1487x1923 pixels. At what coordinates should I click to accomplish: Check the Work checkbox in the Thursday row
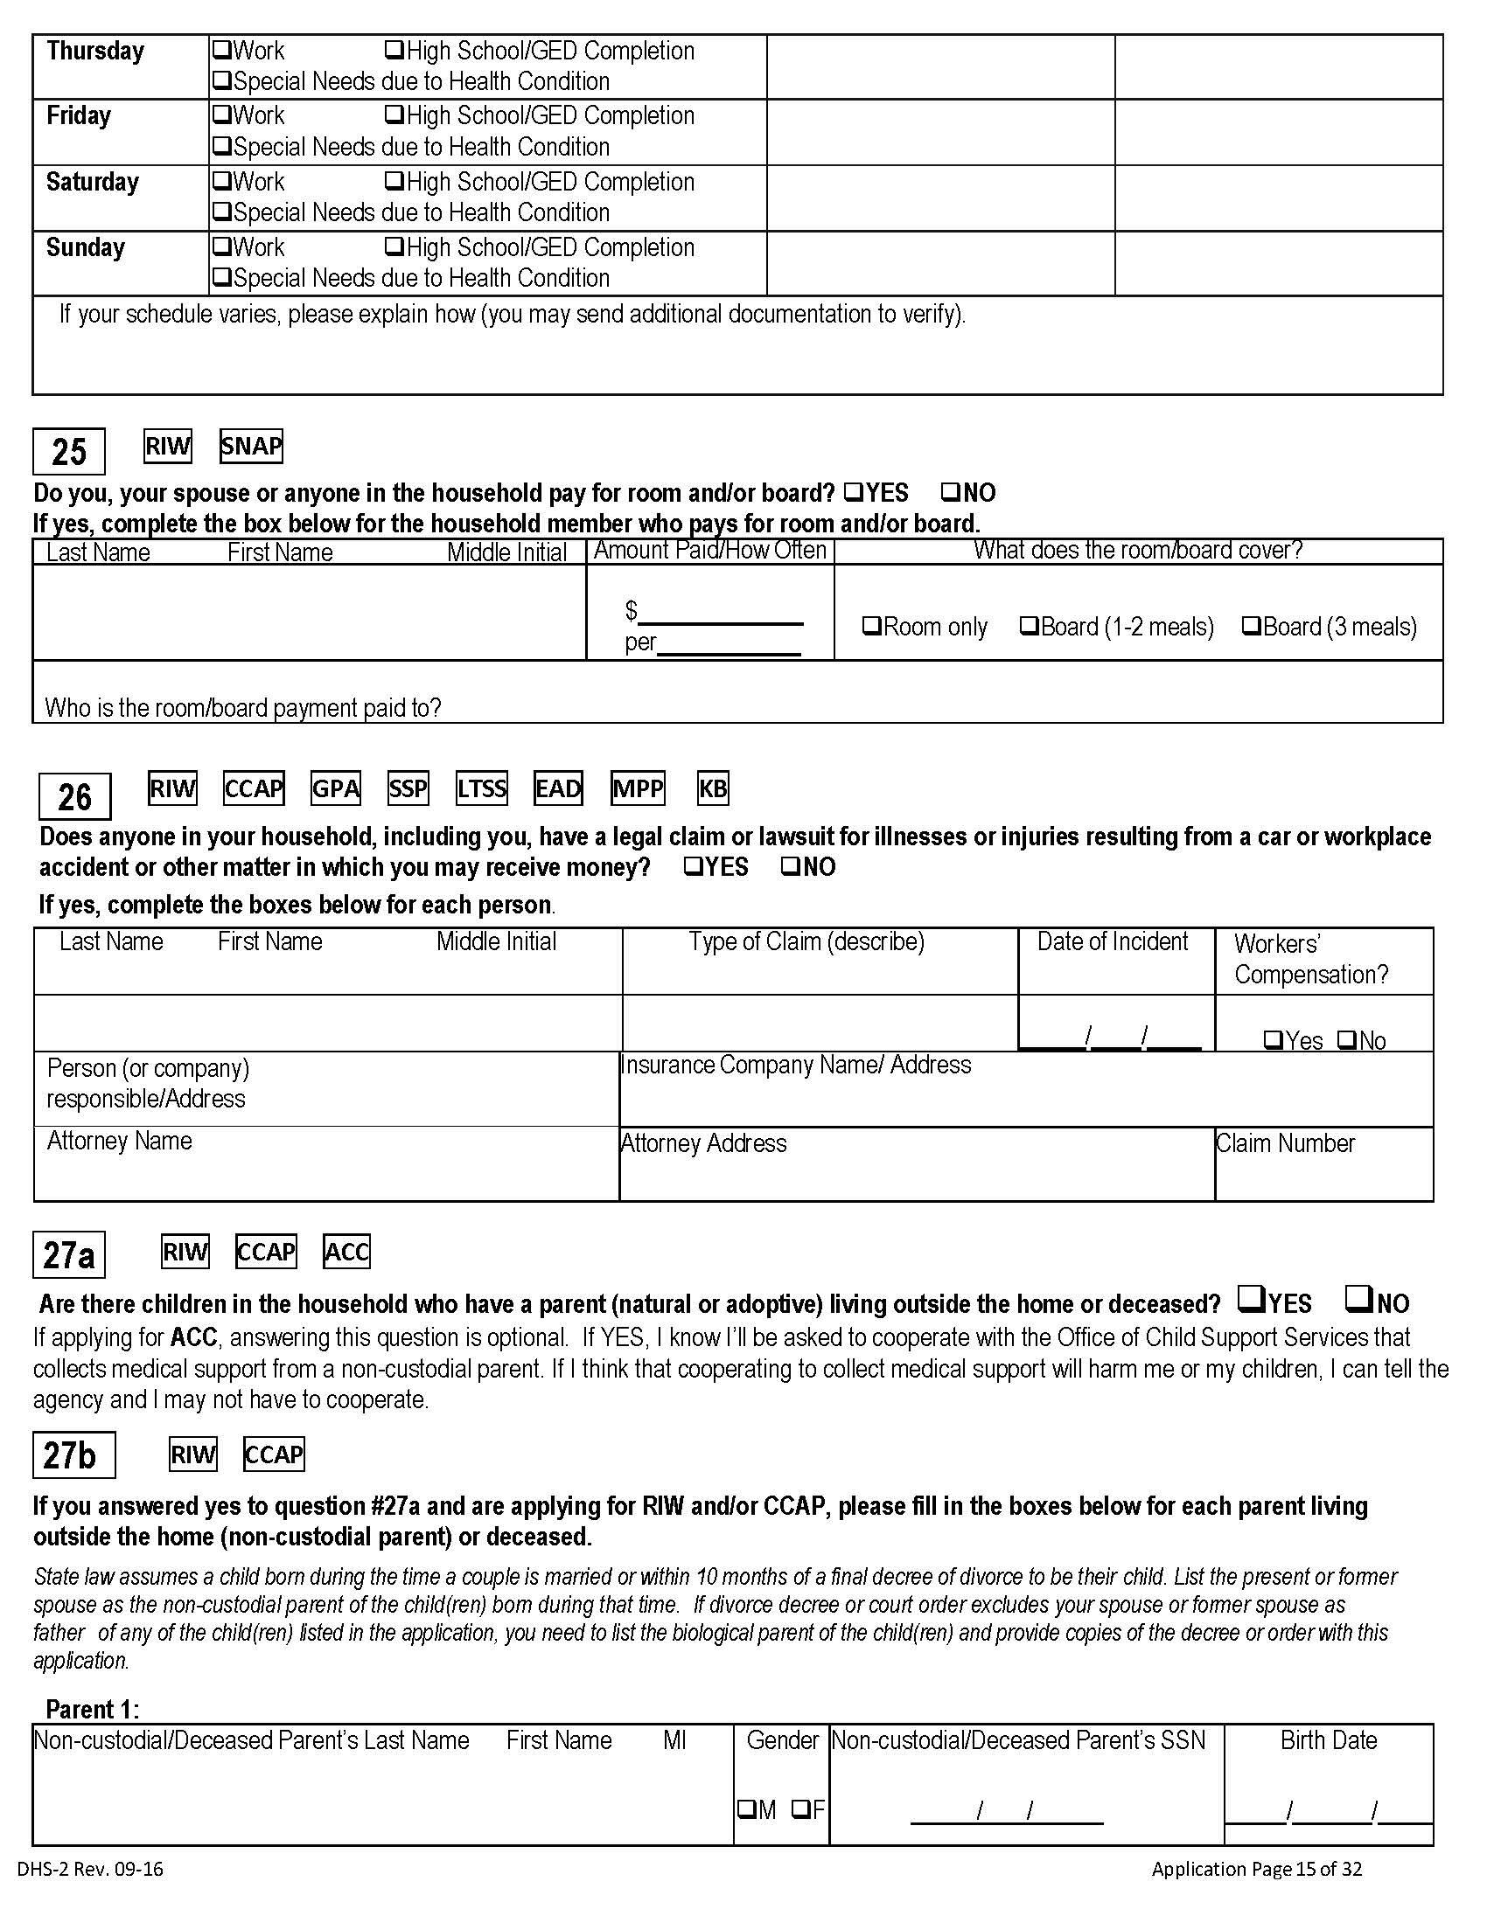pos(222,50)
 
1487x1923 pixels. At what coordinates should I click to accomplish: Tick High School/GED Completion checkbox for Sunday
pos(394,246)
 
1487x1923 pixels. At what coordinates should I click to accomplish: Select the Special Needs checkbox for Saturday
pos(222,212)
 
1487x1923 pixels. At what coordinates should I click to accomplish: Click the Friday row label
pos(79,116)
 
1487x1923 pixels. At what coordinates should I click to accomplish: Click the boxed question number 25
pos(69,452)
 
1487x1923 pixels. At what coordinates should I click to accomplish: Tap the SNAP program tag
pos(251,447)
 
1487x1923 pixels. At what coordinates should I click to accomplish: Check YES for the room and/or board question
pos(852,491)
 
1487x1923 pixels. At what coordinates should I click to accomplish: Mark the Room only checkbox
pos(871,626)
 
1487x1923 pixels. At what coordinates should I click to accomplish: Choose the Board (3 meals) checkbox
pos(1251,626)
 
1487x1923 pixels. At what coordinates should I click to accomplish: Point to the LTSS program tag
pos(481,788)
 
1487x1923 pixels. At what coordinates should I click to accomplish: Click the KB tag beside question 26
pos(713,788)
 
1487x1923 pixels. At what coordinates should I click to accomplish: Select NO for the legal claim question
pos(790,866)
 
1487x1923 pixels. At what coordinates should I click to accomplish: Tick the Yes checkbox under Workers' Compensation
pos(1273,1040)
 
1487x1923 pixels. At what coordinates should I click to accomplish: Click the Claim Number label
pos(1285,1143)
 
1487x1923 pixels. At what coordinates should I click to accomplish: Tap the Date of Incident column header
pos(1113,941)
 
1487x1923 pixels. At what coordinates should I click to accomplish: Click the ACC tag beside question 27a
pos(346,1251)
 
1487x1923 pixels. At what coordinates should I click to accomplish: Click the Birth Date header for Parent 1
pos(1329,1739)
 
